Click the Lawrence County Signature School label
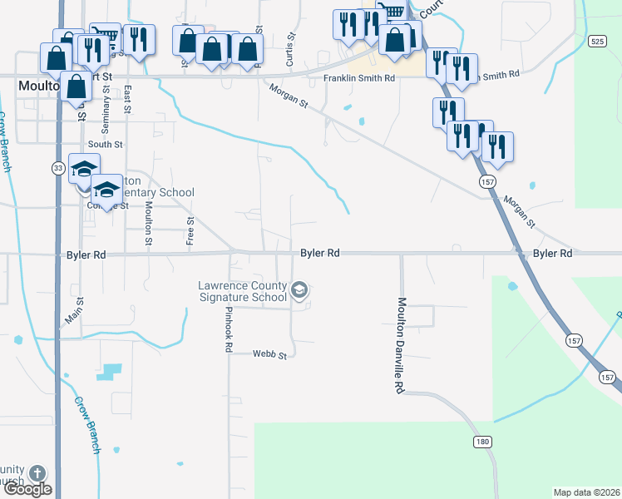click(242, 291)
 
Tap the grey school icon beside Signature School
click(300, 291)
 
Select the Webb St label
click(270, 355)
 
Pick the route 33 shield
click(57, 168)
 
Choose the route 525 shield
click(596, 41)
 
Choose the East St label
click(126, 101)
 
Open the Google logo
click(27, 490)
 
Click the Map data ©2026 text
click(587, 492)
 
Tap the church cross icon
click(37, 474)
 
